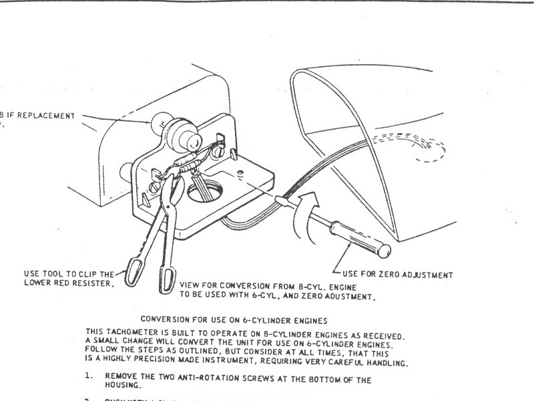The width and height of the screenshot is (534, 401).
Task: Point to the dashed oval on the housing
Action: click(420, 150)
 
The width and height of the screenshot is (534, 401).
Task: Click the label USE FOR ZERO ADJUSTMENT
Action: click(397, 274)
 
